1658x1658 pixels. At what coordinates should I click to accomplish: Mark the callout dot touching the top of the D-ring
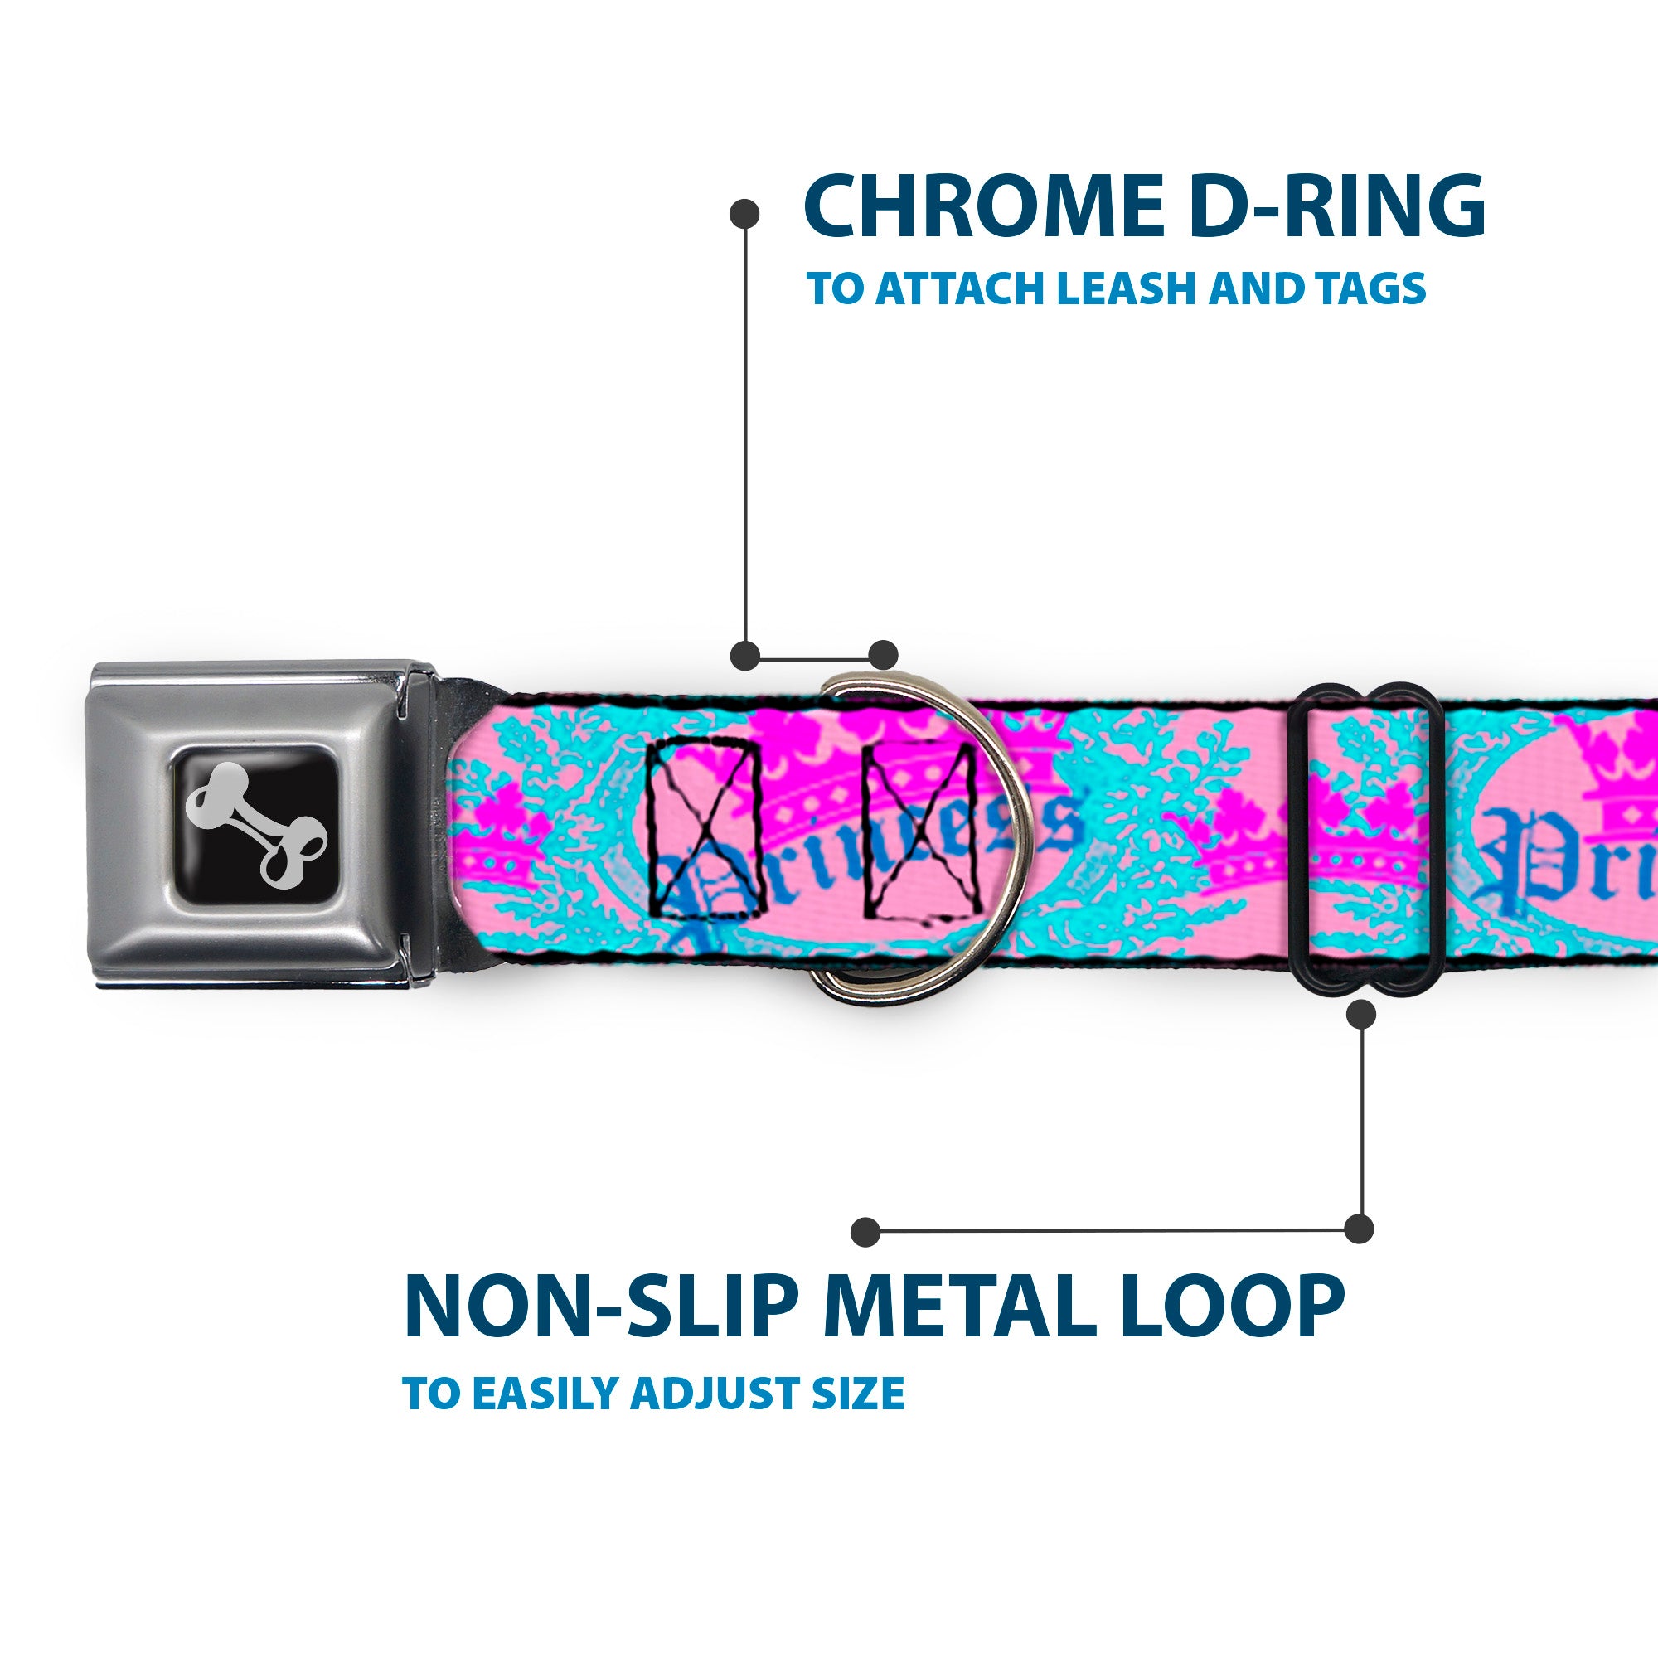click(883, 655)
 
